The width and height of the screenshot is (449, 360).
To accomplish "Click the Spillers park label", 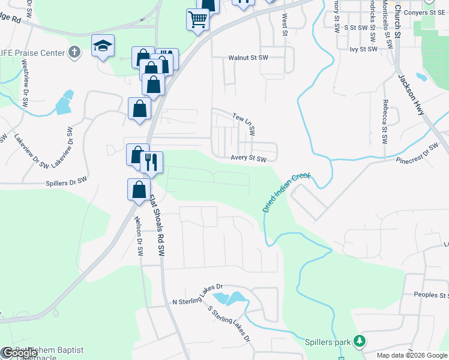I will tap(327, 342).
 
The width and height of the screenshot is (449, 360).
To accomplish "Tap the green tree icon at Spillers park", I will tap(360, 341).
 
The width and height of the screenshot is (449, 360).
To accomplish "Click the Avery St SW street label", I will tap(248, 159).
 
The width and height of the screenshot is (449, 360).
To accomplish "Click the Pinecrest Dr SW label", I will tap(417, 154).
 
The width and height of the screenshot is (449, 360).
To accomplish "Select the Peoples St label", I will tap(431, 295).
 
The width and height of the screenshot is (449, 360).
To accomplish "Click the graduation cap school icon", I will tap(103, 45).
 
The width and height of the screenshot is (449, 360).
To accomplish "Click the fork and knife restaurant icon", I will tap(151, 161).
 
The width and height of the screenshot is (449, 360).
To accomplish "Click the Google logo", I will tap(19, 353).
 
